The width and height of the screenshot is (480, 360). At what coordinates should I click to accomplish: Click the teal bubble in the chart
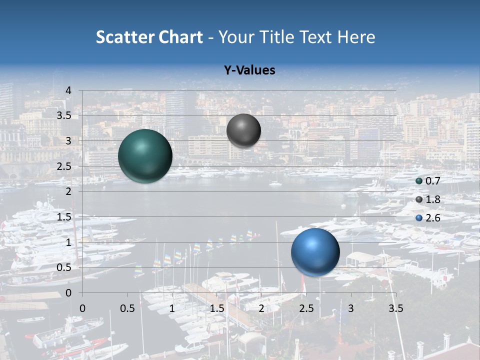tap(145, 156)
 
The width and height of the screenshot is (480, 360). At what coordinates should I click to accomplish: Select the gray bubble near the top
tap(243, 130)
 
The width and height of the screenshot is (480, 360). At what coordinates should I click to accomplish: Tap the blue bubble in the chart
tap(315, 252)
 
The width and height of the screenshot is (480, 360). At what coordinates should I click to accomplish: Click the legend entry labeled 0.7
tap(427, 181)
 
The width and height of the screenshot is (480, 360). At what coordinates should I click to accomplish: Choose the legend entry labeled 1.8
tap(427, 199)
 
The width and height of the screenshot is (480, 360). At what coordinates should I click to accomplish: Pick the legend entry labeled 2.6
tap(427, 217)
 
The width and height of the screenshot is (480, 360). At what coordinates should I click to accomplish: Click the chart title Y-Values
tap(249, 70)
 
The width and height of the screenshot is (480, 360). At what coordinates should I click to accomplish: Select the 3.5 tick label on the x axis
tap(395, 308)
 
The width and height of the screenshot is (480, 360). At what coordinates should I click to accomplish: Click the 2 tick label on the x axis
tap(261, 308)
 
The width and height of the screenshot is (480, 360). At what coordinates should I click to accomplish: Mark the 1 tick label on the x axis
tap(172, 308)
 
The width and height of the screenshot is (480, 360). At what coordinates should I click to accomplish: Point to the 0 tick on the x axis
tap(82, 308)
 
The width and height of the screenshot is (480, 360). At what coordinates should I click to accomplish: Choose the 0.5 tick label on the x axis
tap(127, 308)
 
